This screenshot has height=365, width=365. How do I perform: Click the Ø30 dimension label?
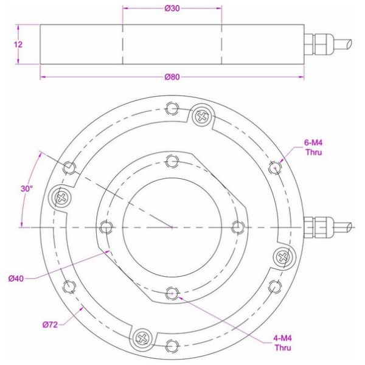[x=172, y=9]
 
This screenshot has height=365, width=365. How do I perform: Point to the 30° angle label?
[x=26, y=189]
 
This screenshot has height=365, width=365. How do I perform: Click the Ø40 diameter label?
[x=16, y=278]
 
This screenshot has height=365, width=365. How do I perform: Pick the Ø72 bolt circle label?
[x=50, y=325]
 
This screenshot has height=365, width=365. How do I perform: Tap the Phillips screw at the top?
[x=201, y=115]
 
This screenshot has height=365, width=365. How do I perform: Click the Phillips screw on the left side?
[x=61, y=196]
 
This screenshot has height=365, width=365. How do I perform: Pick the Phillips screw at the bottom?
[x=142, y=336]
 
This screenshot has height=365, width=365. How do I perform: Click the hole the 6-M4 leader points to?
[x=276, y=167]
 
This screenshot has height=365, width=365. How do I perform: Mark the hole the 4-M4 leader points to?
[x=173, y=293]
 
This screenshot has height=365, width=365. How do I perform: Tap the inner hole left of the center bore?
[x=107, y=227]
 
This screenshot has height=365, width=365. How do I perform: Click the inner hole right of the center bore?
[x=238, y=227]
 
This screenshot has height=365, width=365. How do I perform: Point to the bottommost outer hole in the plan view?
[x=173, y=346]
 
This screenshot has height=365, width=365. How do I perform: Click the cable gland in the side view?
[x=319, y=44]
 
